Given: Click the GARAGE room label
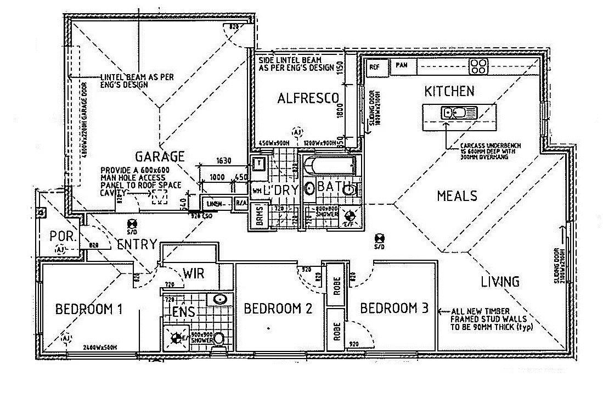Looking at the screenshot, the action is pos(160,156).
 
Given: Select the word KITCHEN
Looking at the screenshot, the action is pos(449,91).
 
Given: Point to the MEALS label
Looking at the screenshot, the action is pos(457,195).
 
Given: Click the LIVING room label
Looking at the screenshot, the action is pos(500,282).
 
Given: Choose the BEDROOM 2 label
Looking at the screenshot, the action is pos(278,309).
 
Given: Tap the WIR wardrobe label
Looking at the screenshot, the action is pos(194,273).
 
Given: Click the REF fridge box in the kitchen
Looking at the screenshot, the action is pos(375,67).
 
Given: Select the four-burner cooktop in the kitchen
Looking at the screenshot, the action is pos(478,66).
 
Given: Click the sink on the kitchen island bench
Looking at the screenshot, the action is pos(454,114).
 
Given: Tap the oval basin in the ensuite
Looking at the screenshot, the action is pos(220,300).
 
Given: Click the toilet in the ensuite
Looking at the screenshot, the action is pos(218,338).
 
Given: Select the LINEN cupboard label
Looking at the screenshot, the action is pos(215,204).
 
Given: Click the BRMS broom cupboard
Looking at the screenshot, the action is pos(259,216).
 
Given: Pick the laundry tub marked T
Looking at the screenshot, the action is pos(258,163).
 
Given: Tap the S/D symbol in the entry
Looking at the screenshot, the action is pos(132,225).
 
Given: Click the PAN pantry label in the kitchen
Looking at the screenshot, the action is pos(402,65).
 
